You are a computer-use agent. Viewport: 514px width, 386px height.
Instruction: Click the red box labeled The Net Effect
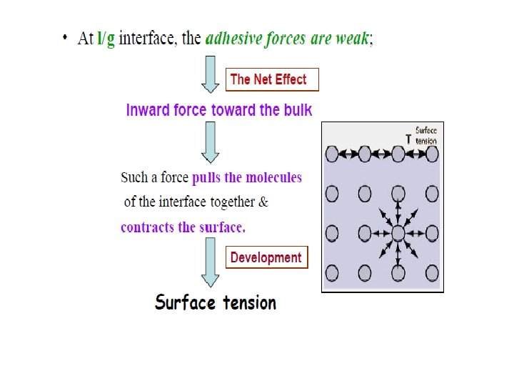point(272,79)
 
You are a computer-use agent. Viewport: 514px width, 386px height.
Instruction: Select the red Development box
point(266,257)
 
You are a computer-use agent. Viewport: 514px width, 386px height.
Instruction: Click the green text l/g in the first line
point(106,38)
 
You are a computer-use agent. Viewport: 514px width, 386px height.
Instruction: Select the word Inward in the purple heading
point(148,110)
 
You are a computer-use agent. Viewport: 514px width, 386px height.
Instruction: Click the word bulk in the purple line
point(298,110)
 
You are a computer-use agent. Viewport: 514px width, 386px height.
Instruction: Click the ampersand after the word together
point(263,202)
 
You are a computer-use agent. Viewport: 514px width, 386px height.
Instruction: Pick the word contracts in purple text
point(148,227)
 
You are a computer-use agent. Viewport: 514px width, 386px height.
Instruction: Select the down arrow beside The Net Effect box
point(211,74)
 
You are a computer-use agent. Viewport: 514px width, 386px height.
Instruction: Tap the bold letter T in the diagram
point(409,140)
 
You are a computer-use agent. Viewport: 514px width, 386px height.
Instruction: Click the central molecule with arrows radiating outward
point(398,233)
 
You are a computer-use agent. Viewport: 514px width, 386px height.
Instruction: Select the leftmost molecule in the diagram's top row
point(332,154)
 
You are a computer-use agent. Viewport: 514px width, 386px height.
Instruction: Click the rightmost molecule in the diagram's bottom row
point(432,272)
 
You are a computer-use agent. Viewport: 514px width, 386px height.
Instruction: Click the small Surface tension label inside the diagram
point(426,136)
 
